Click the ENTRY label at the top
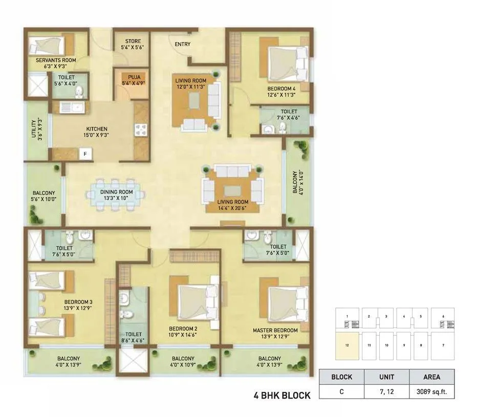(x=182, y=45)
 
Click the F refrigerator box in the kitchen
(x=85, y=153)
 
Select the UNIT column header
(x=386, y=377)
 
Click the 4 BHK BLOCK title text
(x=282, y=396)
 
